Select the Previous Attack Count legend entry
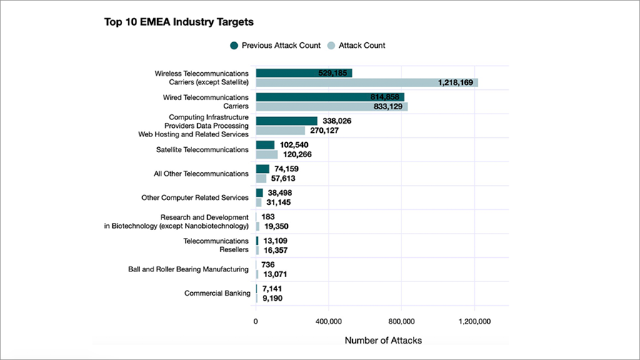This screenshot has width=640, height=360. (x=275, y=45)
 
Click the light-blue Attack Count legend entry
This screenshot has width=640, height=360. (x=356, y=45)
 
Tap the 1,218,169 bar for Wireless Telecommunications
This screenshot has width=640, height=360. (x=366, y=83)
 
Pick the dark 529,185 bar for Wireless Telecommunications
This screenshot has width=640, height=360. (x=304, y=73)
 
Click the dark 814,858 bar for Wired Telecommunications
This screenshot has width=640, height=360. (x=329, y=97)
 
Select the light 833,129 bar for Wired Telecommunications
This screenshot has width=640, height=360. (x=331, y=107)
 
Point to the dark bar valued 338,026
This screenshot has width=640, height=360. (x=286, y=121)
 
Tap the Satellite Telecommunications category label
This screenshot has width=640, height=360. (x=202, y=149)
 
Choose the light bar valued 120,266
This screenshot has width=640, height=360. (x=266, y=154)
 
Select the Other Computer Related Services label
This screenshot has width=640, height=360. (x=195, y=198)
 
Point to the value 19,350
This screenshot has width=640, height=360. (x=276, y=226)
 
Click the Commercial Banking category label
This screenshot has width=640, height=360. (x=217, y=293)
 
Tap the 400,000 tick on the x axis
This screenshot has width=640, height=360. (x=329, y=321)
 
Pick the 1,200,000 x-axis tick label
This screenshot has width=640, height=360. (x=474, y=321)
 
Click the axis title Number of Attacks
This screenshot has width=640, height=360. (x=383, y=341)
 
